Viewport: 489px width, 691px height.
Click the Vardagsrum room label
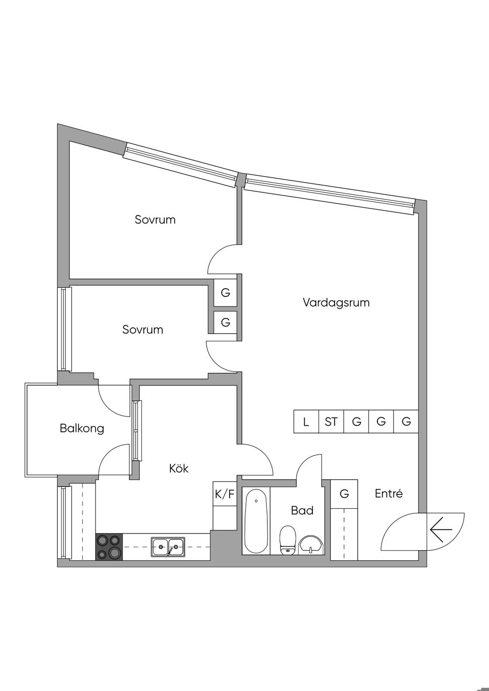coord(336,303)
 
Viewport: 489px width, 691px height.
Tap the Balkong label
coord(82,428)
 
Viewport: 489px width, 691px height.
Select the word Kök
coord(179,469)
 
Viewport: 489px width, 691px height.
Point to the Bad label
coord(302,511)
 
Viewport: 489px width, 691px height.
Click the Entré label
coord(388,494)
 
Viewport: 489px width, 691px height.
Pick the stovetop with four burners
coord(109,546)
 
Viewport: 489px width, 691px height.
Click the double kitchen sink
coord(169,546)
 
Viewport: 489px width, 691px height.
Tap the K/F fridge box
coord(225,494)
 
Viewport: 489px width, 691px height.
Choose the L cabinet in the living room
coord(306,422)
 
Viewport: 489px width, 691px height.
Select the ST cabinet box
coord(331,422)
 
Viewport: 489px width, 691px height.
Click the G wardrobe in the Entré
coord(344,494)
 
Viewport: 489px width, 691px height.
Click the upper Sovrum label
coord(155,220)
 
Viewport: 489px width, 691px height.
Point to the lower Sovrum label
coord(142,330)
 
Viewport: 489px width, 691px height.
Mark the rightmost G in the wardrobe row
coord(406,422)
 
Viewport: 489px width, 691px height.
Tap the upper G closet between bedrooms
coord(225,293)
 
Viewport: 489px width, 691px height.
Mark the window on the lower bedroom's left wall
coord(63,329)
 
